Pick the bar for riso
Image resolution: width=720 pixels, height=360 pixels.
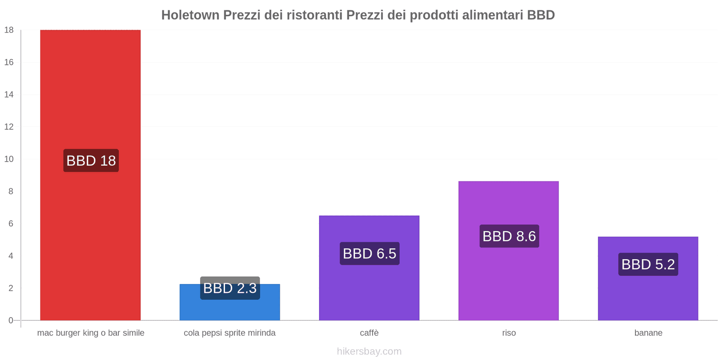coord(508,279)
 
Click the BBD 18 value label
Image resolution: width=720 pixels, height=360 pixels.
coord(91,161)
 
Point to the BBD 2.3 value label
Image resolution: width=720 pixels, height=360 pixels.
coord(230,288)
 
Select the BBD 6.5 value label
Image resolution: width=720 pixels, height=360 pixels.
coord(369,254)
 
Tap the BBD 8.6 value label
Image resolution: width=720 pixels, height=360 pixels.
coord(509,236)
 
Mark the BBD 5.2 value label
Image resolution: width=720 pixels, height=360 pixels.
coord(648,265)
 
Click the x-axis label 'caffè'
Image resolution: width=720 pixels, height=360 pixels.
coord(369,333)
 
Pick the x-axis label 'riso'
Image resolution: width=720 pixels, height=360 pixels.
coord(509,333)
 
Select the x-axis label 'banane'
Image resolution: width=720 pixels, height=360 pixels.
coord(648,333)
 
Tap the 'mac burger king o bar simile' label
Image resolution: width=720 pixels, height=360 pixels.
coord(90,333)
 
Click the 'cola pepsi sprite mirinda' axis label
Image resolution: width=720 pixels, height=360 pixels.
coord(229,333)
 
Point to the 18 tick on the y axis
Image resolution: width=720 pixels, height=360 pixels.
coord(9,30)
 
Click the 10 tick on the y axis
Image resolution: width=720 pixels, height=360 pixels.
coord(9,159)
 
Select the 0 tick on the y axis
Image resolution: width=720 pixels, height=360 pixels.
coord(11,320)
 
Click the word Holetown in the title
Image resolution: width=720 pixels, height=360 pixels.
coord(190,15)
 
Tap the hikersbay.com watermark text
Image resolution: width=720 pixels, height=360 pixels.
coord(369,351)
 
